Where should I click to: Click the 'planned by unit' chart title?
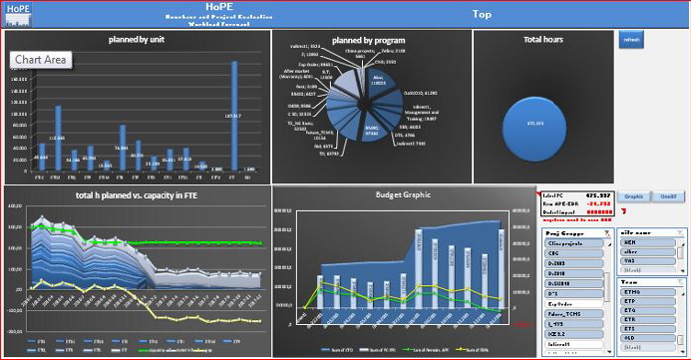[x=137, y=39]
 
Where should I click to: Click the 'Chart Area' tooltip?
[x=41, y=61]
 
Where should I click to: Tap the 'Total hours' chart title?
[x=542, y=39]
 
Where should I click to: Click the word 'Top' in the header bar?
[x=482, y=14]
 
